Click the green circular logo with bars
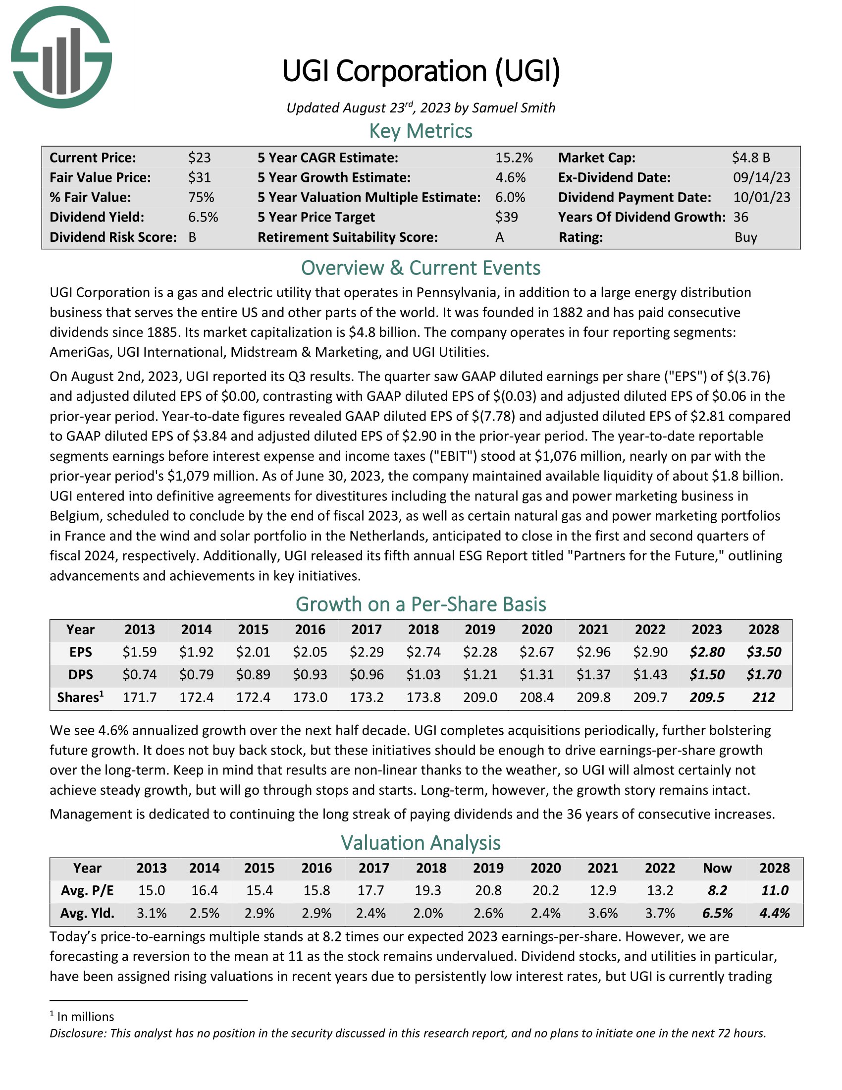click(x=61, y=57)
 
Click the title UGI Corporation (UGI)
click(x=421, y=71)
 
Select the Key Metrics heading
click(x=421, y=131)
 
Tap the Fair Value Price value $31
click(x=200, y=178)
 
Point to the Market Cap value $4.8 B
click(x=751, y=158)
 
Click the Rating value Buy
click(x=746, y=237)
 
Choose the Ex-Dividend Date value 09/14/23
click(x=761, y=178)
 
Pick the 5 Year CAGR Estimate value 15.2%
click(x=514, y=158)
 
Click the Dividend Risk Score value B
click(x=193, y=237)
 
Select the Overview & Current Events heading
click(x=421, y=268)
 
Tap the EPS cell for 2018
click(x=423, y=652)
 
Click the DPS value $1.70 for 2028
click(x=764, y=675)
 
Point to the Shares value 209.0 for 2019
click(x=480, y=697)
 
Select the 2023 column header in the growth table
click(x=707, y=629)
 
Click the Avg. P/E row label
click(x=87, y=890)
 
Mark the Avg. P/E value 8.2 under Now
click(x=717, y=890)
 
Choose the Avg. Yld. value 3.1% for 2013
click(x=152, y=913)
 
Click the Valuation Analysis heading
click(x=421, y=843)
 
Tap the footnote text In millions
click(x=85, y=1017)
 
